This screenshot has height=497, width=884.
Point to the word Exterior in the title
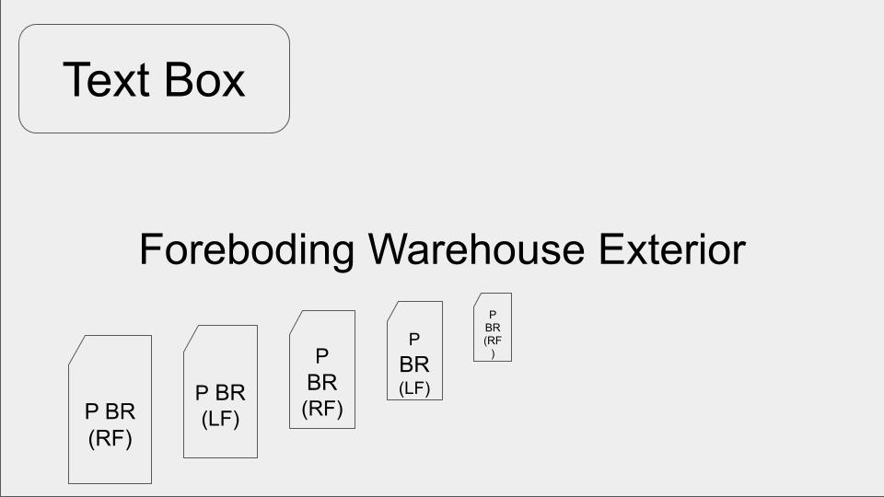coord(670,249)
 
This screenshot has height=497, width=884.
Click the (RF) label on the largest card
coord(110,439)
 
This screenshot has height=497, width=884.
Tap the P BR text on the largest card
coord(110,411)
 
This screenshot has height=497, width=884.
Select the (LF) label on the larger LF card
coord(220,419)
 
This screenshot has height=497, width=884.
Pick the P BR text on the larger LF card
coord(220,392)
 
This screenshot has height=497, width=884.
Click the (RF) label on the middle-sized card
coord(322,409)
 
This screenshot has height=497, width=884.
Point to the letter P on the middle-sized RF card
coord(322,355)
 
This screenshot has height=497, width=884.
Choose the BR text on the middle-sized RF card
coord(322,382)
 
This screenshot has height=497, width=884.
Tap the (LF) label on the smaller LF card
coord(414,388)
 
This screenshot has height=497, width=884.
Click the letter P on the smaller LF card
coord(414,340)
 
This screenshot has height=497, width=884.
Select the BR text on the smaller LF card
coord(414,364)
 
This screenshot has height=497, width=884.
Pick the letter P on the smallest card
coord(493,315)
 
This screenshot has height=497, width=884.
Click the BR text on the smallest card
coord(493,327)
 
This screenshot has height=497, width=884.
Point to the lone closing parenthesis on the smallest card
coord(493,353)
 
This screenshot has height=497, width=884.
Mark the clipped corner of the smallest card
coord(478,298)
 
